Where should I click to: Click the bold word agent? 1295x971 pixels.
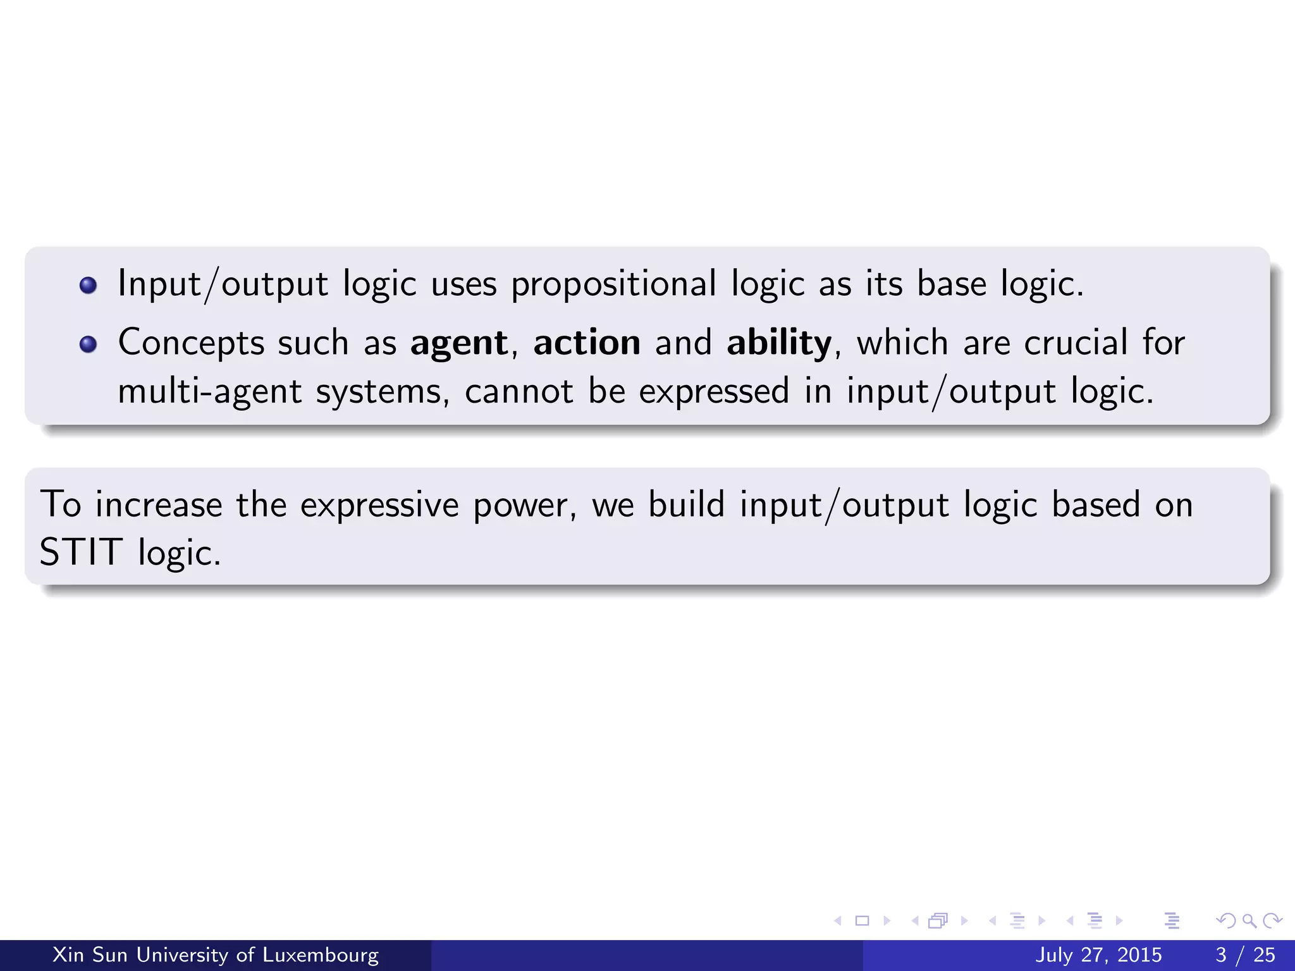(458, 343)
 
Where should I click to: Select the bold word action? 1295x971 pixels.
(587, 343)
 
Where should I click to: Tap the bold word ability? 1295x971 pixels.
(779, 343)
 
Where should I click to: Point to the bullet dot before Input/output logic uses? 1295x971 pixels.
(89, 285)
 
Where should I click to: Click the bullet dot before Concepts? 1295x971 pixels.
(89, 344)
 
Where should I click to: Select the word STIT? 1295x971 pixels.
(81, 552)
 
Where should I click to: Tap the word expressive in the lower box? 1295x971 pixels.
(379, 505)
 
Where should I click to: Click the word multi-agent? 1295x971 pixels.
(210, 391)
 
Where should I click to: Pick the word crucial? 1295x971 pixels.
(1076, 343)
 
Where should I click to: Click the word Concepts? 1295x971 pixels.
(192, 343)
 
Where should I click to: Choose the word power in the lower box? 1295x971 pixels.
(524, 505)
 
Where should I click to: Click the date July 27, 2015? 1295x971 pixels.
(1098, 955)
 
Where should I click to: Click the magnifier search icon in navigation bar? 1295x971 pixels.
(1249, 920)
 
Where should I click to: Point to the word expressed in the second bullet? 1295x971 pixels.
(714, 391)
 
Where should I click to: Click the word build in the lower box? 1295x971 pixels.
(686, 505)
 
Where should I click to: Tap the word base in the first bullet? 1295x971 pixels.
(951, 284)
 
